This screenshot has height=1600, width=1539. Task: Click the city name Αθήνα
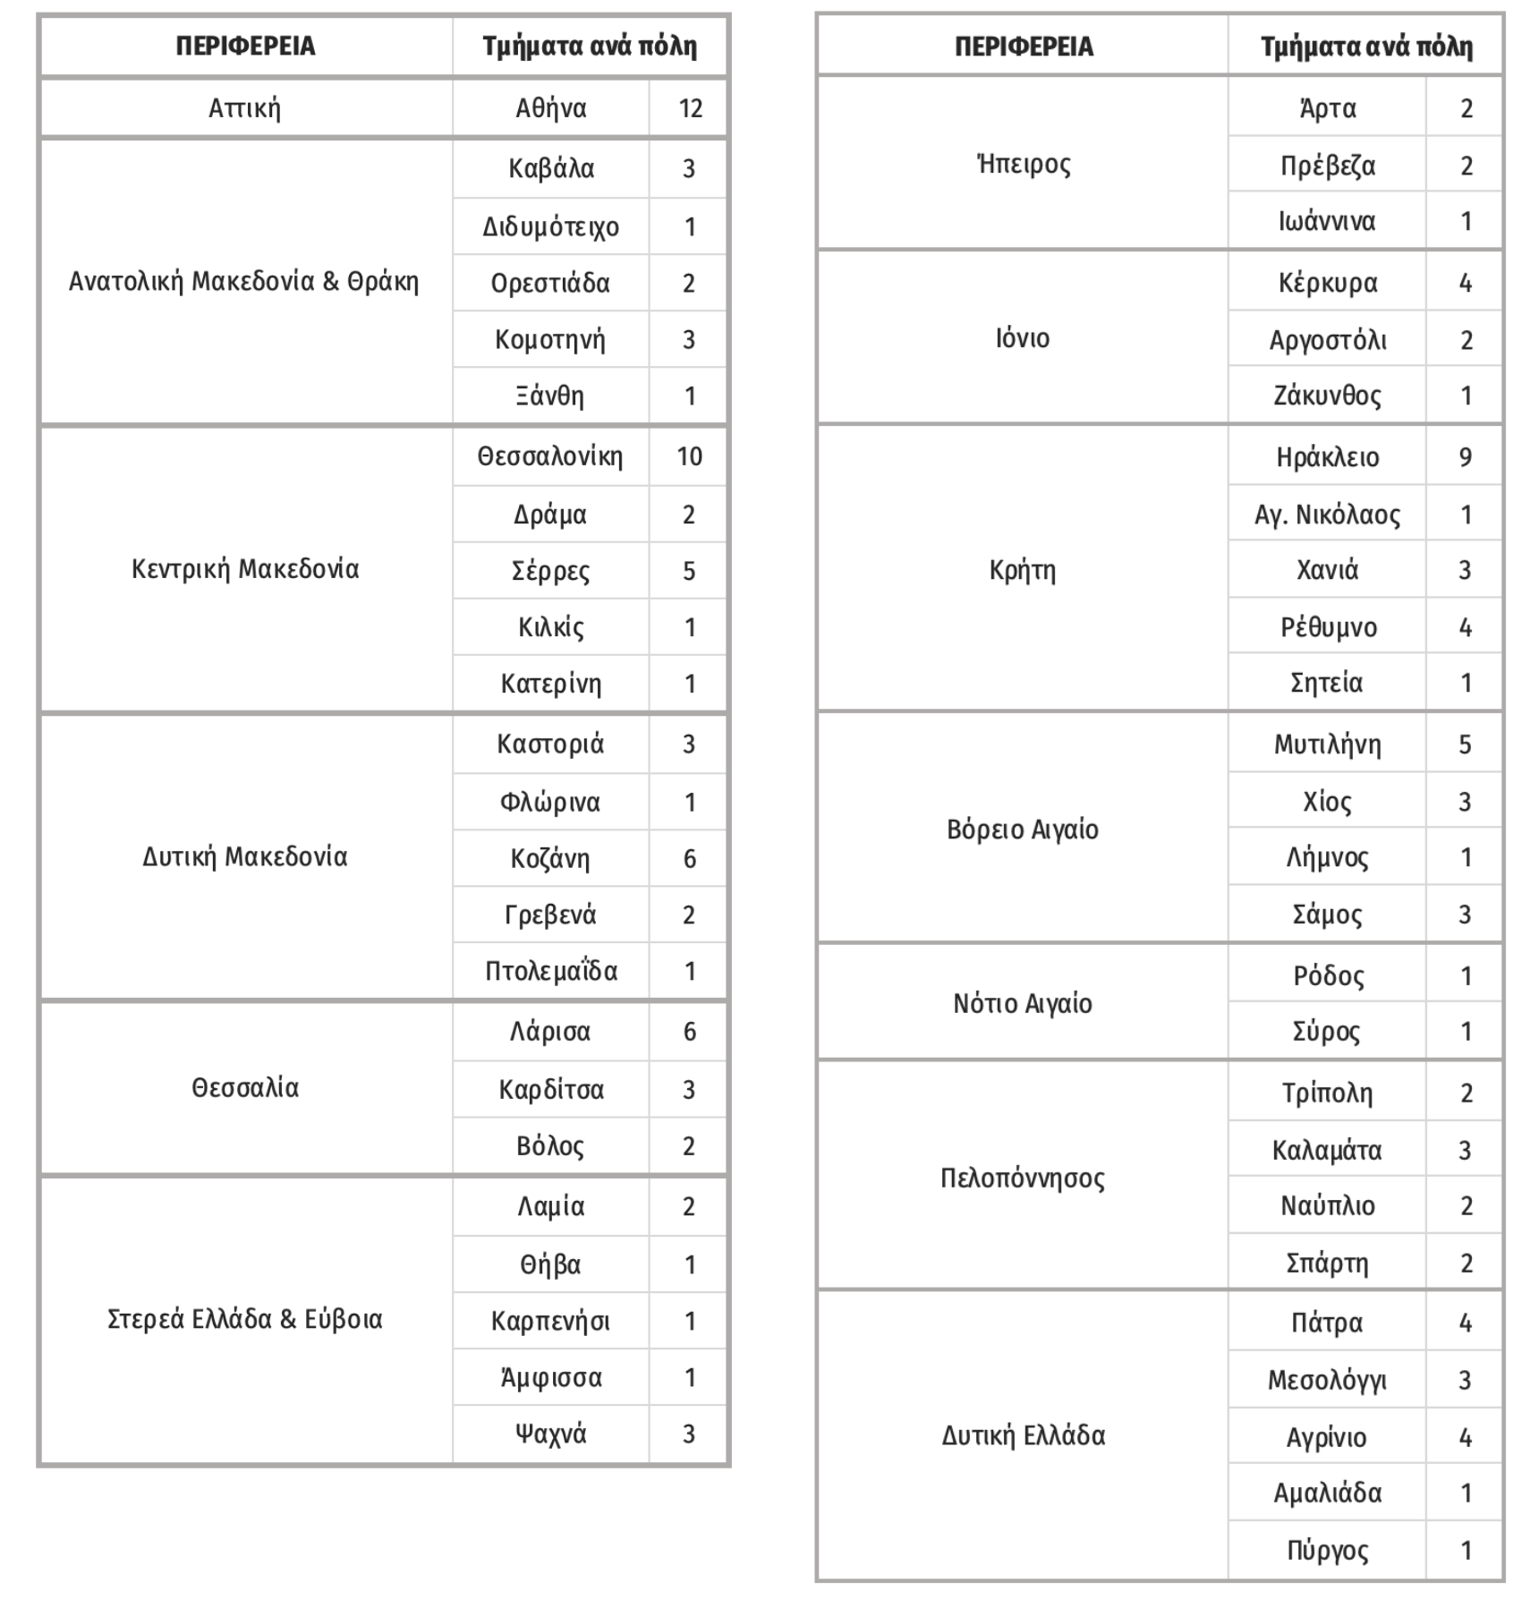550,109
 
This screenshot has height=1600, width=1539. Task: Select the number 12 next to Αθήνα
690,109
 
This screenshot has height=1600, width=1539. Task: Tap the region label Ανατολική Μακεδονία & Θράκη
244,282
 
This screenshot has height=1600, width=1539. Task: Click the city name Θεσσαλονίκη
549,457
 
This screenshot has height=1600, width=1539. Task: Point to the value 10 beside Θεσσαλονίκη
689,457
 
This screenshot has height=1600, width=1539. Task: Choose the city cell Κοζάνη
550,859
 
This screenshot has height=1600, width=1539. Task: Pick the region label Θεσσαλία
244,1088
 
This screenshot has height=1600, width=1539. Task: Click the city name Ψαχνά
550,1434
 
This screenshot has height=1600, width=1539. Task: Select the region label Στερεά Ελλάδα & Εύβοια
244,1320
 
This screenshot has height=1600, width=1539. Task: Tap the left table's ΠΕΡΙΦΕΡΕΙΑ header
245,47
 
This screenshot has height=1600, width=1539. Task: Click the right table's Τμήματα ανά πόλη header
1366,47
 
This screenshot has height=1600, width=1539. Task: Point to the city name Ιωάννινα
1327,221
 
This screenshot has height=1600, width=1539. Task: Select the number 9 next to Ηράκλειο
1465,457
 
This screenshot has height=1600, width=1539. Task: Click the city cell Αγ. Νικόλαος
1327,515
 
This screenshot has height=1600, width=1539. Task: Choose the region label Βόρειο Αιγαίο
1023,830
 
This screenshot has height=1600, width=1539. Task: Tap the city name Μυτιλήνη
1327,745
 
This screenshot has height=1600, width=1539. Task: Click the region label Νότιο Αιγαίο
1023,1004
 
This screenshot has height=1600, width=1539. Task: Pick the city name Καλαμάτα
1327,1150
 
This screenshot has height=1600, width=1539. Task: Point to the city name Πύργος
1327,1551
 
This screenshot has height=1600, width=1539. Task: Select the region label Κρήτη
1023,570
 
